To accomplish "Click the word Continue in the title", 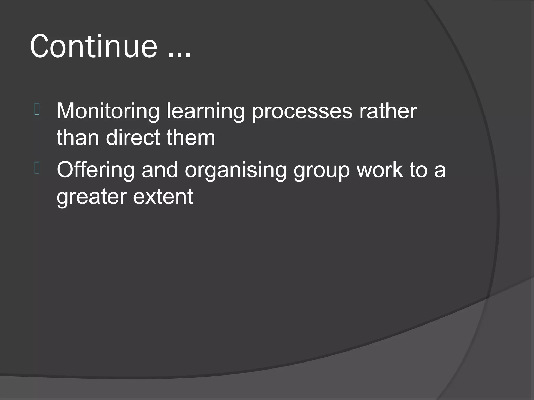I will point(94,47).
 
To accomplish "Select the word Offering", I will point(95,170).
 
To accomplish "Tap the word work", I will point(379,170).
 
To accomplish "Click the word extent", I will point(163,197).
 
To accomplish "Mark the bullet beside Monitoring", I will point(37,109).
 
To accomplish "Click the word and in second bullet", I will point(160,170).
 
